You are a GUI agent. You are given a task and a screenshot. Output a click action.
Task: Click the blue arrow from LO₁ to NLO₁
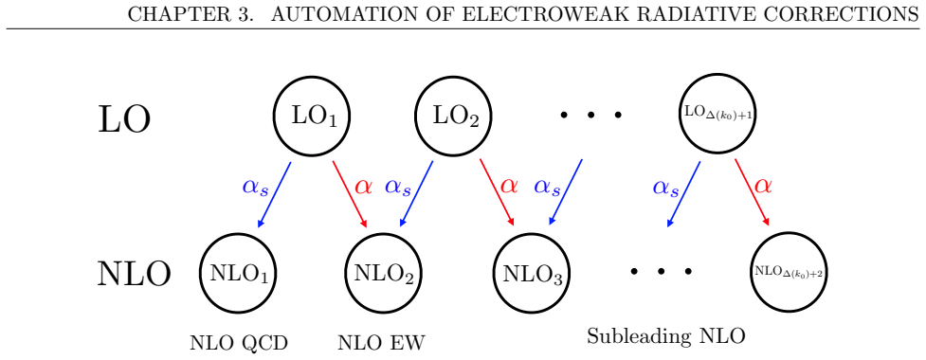[275, 194]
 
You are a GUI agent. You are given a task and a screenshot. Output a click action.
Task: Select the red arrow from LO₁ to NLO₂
[350, 194]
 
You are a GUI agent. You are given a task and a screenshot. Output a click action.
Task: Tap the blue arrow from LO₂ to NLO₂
[416, 194]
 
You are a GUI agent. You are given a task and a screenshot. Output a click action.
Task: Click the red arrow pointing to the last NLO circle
[753, 192]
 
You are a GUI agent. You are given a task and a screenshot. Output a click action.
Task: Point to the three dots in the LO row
[590, 115]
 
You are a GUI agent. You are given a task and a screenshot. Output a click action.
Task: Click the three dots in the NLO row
[661, 272]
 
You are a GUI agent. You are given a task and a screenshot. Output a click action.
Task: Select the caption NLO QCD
[239, 342]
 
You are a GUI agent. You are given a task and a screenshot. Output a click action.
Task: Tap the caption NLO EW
[381, 342]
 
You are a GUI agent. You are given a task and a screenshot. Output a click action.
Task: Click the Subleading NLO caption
[666, 337]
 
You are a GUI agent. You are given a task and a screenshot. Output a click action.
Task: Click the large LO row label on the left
[124, 119]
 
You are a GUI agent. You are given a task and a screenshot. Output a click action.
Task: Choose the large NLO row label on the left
[134, 274]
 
